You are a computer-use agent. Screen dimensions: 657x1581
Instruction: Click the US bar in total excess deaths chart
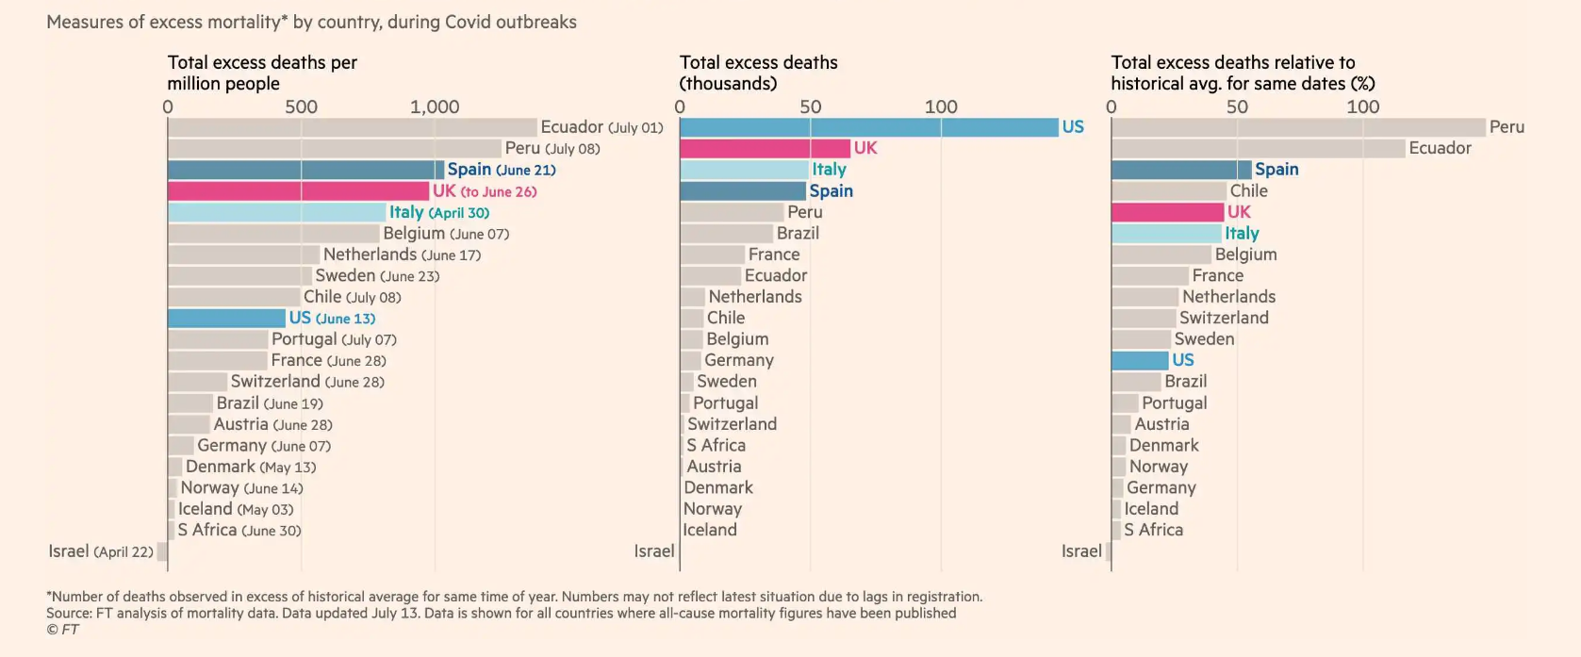point(868,127)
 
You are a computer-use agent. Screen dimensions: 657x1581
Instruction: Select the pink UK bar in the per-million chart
point(298,191)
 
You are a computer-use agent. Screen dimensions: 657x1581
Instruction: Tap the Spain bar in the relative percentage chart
point(1180,170)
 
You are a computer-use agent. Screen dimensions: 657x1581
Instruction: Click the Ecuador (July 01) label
point(601,127)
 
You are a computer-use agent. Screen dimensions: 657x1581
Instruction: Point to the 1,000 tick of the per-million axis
point(435,107)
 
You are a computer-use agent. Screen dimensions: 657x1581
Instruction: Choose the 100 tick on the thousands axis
point(941,107)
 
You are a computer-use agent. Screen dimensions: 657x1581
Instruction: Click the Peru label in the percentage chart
point(1507,127)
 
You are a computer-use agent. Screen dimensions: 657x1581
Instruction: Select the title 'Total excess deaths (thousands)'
point(758,73)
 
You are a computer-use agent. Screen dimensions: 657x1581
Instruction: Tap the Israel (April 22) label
point(101,551)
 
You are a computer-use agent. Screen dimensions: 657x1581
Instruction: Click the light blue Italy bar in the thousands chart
point(744,170)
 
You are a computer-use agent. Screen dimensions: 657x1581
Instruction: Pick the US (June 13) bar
point(226,319)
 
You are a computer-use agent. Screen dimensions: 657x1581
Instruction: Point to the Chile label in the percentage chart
point(1248,191)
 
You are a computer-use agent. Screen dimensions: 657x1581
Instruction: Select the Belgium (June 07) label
point(446,234)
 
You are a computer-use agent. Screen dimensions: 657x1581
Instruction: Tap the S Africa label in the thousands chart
point(716,446)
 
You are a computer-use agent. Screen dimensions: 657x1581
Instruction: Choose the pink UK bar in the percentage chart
point(1167,212)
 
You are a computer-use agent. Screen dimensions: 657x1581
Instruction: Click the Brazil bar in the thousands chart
point(726,234)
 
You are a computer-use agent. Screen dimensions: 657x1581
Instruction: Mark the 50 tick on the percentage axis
point(1237,107)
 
